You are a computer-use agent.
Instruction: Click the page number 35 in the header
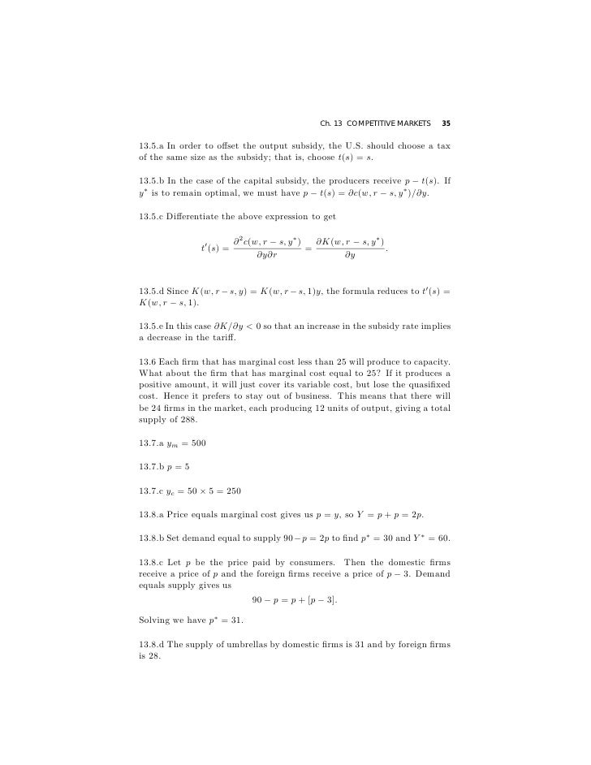coord(446,123)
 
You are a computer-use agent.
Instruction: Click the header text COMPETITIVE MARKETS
coord(388,123)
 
